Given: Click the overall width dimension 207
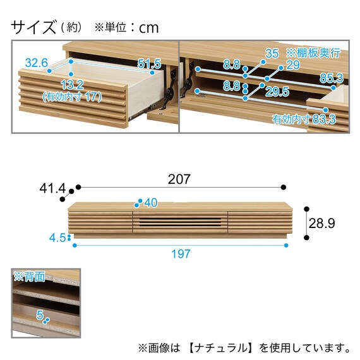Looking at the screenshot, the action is click(179, 179).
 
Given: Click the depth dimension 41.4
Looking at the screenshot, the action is click(52, 189).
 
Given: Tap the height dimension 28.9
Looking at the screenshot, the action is click(321, 223).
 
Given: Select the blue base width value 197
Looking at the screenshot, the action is click(181, 254).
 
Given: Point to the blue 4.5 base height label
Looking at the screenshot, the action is click(57, 238).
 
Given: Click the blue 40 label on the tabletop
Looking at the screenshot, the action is click(151, 203).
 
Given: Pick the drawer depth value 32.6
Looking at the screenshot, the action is click(37, 63).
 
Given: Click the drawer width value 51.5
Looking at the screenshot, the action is click(149, 64).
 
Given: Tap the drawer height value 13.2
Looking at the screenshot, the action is click(72, 85).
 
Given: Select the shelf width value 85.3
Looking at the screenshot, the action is click(332, 78).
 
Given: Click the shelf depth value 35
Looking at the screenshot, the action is click(272, 53).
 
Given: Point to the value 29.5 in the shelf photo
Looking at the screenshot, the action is click(277, 92).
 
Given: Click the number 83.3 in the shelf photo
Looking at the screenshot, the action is click(324, 119).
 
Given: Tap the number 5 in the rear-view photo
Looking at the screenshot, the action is click(40, 315).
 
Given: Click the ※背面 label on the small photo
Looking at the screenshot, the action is click(30, 277).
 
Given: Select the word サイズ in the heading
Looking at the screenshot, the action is click(33, 27).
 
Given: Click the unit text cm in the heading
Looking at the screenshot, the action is click(149, 28).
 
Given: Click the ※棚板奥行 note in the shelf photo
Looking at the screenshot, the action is click(313, 53).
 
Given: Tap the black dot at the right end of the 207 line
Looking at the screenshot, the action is click(284, 187).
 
